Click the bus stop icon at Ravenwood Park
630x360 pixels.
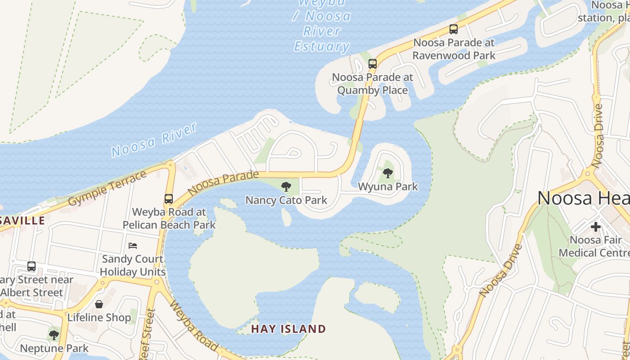coord(454,29)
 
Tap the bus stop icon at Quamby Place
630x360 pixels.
coord(373,63)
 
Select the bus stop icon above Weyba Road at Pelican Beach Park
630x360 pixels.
coord(169,198)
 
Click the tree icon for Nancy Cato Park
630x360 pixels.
coord(286,186)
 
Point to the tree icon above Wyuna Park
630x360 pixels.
coord(387,173)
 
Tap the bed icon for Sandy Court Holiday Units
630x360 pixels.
coord(133,245)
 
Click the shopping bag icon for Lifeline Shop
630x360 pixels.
coord(99,304)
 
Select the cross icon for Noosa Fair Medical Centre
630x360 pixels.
coord(596,226)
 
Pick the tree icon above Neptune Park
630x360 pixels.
coord(54,335)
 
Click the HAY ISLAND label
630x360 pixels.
coord(288,329)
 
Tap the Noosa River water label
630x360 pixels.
coord(154,139)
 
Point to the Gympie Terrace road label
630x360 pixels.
coord(108,189)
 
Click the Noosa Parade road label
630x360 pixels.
coord(223,183)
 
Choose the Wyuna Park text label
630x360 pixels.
coord(388,186)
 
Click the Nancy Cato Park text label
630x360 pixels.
coord(286,200)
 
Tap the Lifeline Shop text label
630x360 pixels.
coord(99,317)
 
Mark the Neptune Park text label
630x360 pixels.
coord(54,348)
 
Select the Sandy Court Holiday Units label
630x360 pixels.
coord(133,265)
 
